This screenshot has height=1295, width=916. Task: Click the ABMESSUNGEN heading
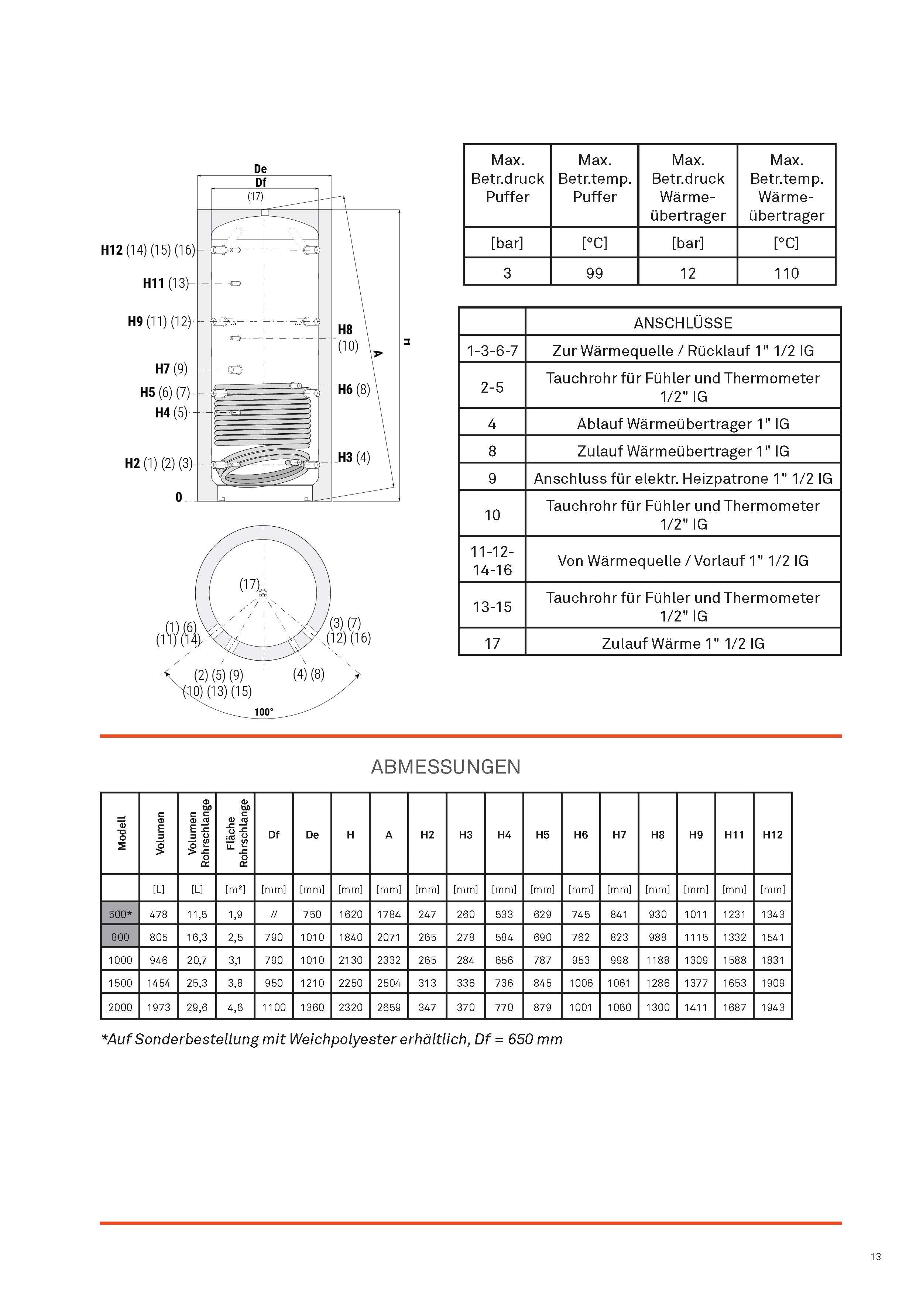[x=445, y=767]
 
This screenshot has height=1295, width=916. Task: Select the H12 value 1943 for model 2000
[x=773, y=1008]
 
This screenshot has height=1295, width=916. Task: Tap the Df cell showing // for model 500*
[x=274, y=914]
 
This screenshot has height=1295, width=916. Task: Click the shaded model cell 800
[x=120, y=937]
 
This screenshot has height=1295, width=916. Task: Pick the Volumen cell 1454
[x=159, y=983]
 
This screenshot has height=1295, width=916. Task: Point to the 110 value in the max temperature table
[x=786, y=273]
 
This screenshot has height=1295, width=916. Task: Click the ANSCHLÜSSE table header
[x=683, y=323]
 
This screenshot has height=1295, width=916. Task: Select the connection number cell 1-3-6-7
[x=492, y=351]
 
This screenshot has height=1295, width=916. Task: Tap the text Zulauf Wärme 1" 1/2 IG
[x=683, y=644]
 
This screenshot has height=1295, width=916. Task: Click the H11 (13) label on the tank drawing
[x=165, y=283]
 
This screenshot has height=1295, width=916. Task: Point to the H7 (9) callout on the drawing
[x=171, y=369]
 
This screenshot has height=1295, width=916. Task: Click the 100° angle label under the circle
[x=264, y=712]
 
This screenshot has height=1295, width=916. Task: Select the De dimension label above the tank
[x=260, y=169]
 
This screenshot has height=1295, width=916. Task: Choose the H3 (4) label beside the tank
[x=354, y=457]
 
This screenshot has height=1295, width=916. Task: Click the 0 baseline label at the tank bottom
[x=179, y=497]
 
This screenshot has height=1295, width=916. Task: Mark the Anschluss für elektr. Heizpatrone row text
[x=683, y=479]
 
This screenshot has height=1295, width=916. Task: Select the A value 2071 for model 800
[x=389, y=937]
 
